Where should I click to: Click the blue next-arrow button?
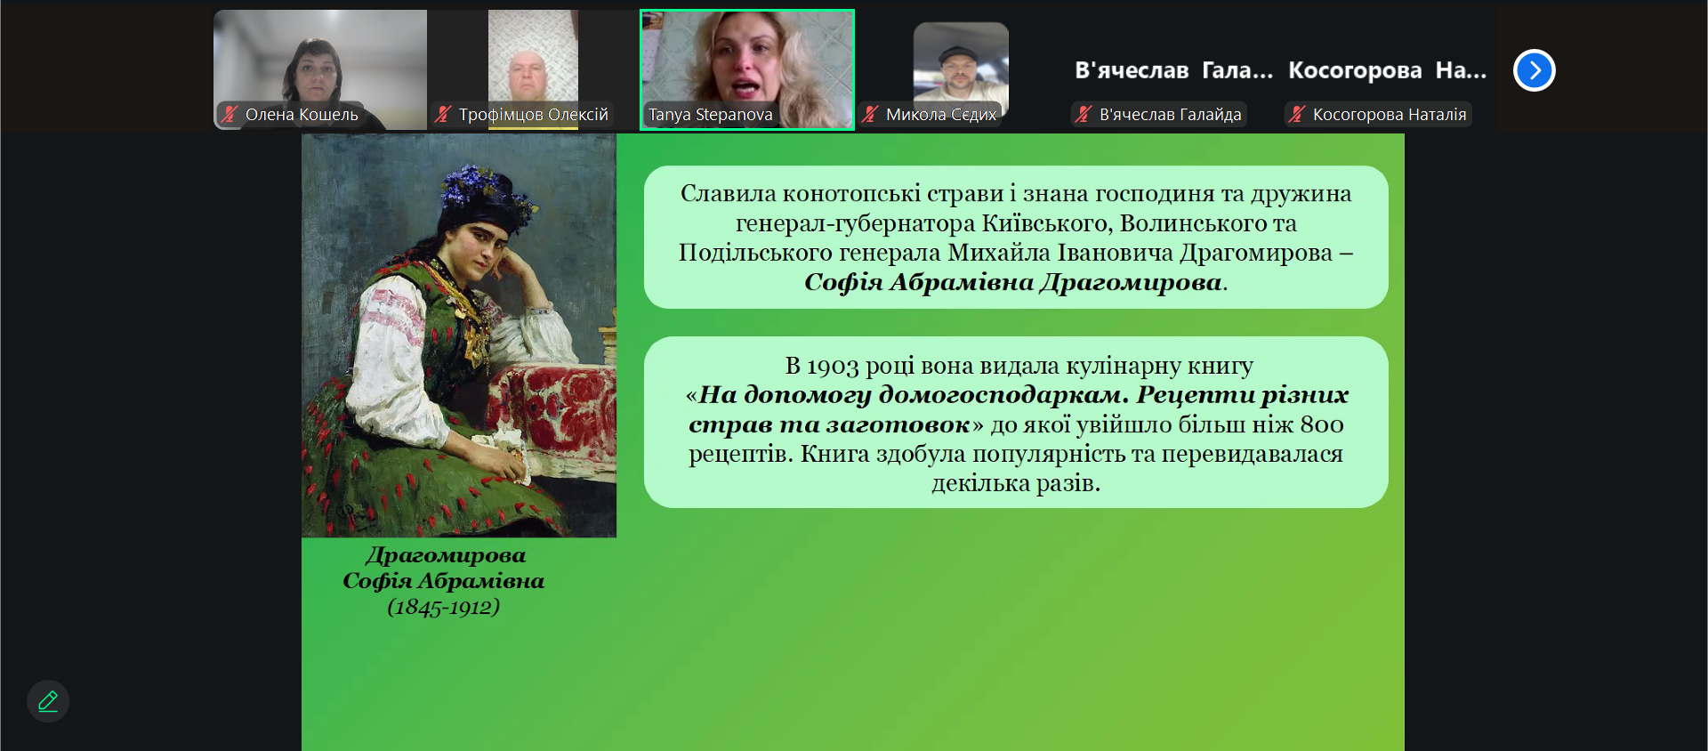click(x=1534, y=70)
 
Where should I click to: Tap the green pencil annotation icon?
click(x=48, y=701)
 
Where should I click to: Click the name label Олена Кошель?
click(x=302, y=115)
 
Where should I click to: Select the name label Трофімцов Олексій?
click(x=533, y=115)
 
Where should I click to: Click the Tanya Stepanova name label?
click(x=710, y=115)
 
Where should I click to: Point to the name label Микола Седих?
click(x=941, y=115)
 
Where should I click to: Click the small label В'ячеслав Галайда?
click(x=1170, y=115)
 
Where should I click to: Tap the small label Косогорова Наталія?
click(x=1390, y=115)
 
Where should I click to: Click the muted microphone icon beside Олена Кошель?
click(x=230, y=114)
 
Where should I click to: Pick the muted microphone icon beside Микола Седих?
click(x=870, y=114)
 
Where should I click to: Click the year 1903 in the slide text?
click(x=833, y=367)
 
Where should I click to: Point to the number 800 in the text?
click(x=1322, y=424)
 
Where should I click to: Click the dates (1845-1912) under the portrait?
click(x=443, y=607)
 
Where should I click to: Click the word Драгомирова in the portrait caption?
click(x=446, y=556)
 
